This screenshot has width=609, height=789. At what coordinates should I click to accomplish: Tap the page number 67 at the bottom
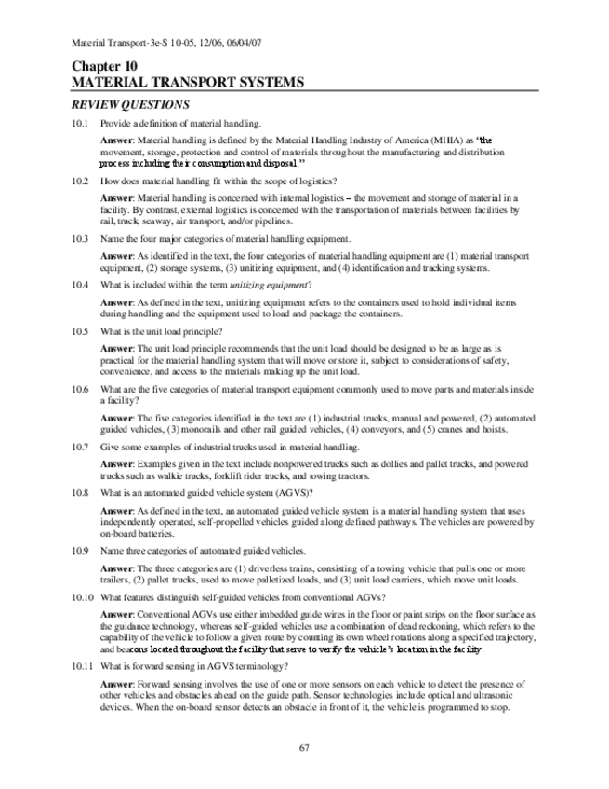tap(304, 747)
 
